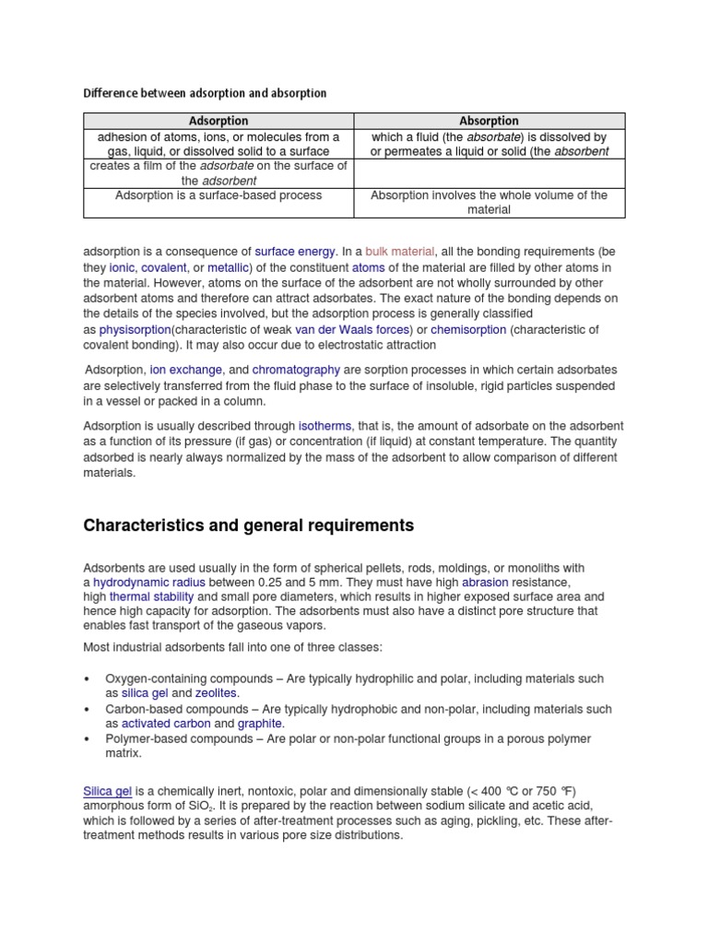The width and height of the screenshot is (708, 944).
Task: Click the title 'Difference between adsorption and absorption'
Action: click(205, 93)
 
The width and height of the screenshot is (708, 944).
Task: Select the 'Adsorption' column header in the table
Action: click(218, 121)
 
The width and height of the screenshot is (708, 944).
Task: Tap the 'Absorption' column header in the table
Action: click(489, 121)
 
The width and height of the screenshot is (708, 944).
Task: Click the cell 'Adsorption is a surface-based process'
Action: click(218, 195)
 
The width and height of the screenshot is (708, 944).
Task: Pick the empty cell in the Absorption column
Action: click(489, 173)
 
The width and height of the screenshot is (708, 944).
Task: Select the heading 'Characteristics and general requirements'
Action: click(249, 525)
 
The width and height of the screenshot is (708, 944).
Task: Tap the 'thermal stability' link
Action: click(151, 597)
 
